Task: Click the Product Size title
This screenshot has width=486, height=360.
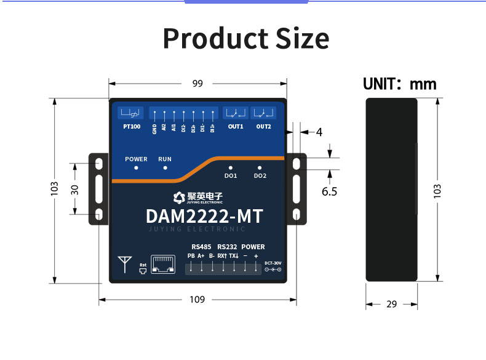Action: click(x=245, y=38)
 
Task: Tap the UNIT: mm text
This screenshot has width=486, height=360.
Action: click(x=399, y=84)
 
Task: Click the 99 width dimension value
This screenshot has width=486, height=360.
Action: click(x=197, y=84)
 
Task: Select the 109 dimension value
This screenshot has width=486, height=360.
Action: click(x=197, y=300)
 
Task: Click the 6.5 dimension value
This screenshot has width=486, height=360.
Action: click(x=330, y=191)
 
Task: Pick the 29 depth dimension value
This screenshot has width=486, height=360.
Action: click(x=392, y=304)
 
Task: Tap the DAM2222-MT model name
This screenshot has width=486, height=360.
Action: click(x=204, y=217)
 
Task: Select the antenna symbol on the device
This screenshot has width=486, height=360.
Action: click(x=125, y=263)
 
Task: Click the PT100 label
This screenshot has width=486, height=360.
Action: click(x=131, y=127)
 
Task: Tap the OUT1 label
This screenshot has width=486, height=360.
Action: click(x=236, y=127)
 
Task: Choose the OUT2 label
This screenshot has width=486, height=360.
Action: click(x=263, y=127)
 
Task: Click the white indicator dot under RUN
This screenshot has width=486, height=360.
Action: click(x=165, y=167)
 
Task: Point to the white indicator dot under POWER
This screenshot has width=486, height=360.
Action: click(x=136, y=167)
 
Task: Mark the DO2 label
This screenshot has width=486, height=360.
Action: click(x=260, y=176)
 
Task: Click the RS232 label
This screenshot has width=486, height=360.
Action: click(x=227, y=247)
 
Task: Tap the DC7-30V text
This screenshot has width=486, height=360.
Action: click(x=273, y=263)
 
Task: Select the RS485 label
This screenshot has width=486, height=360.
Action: click(x=201, y=247)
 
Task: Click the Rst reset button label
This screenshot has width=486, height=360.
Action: click(x=143, y=265)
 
